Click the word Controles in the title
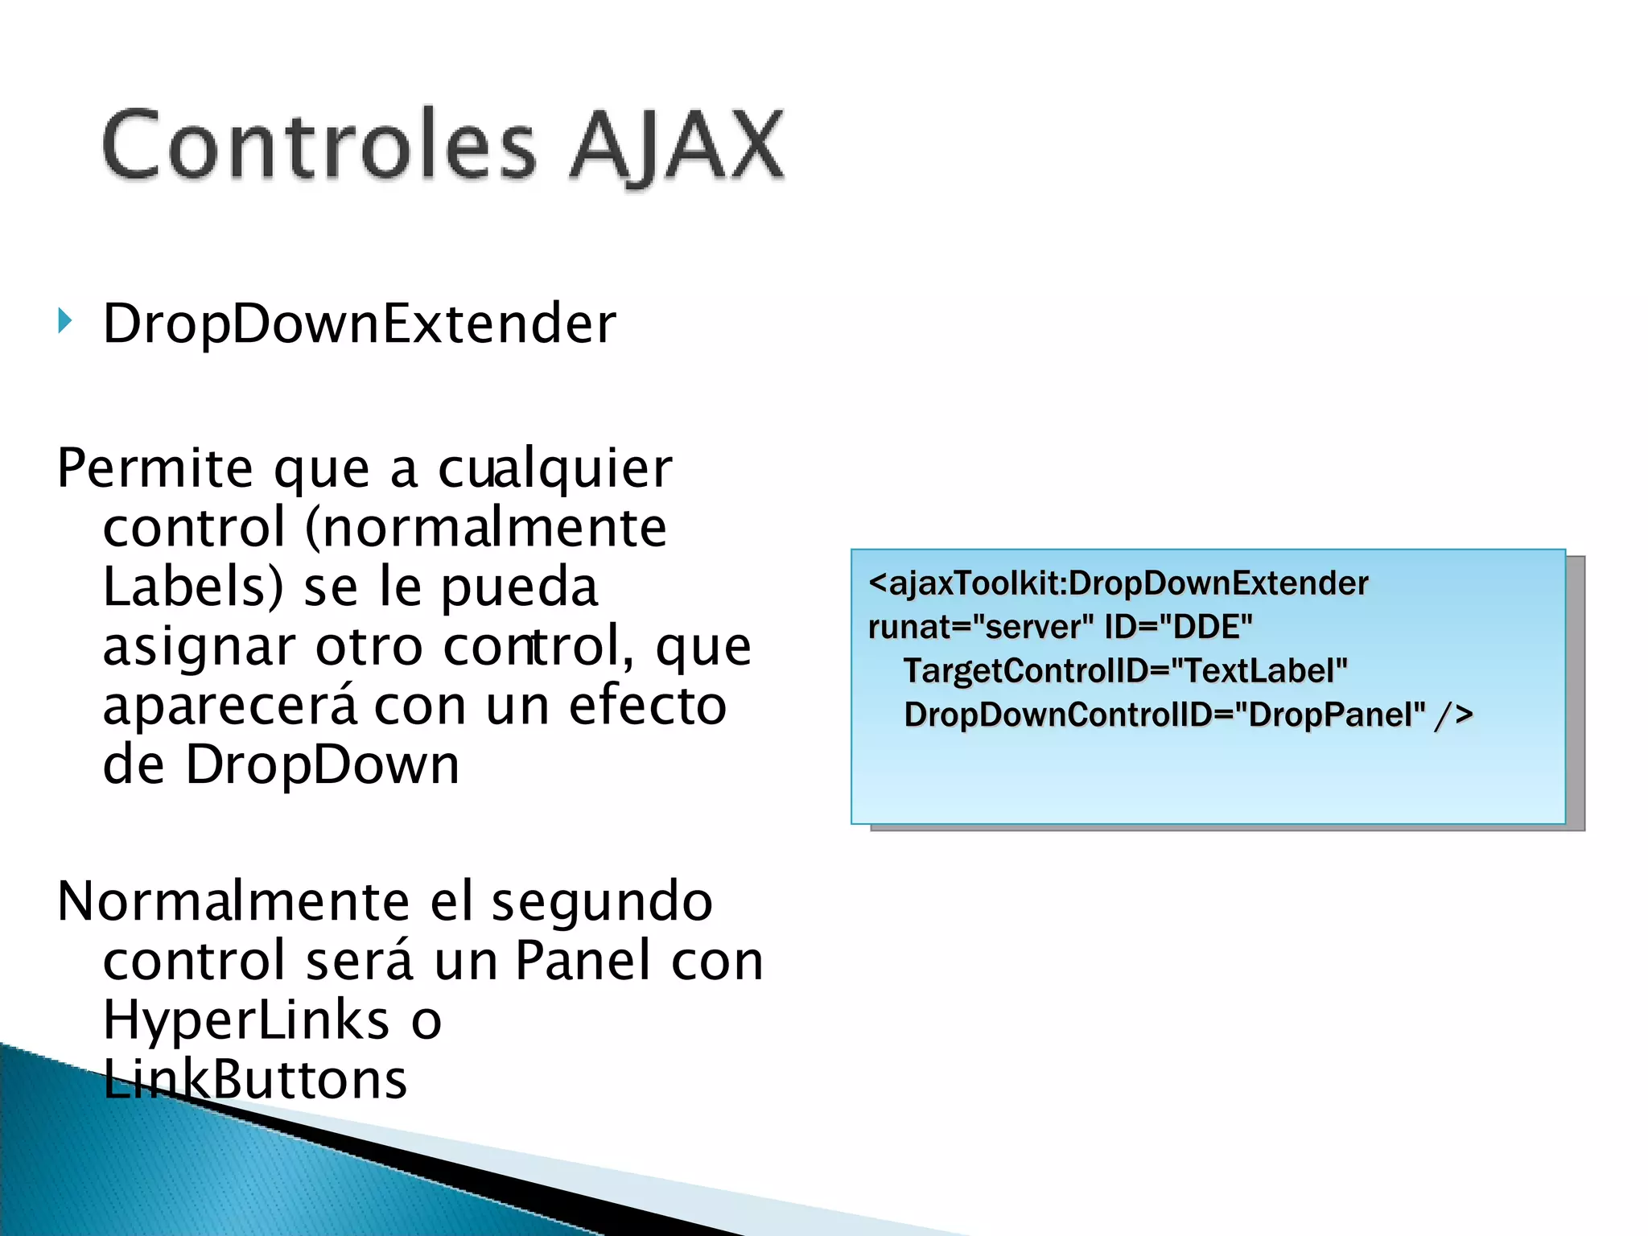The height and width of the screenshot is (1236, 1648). [x=319, y=145]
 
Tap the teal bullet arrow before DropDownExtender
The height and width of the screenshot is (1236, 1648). [x=65, y=321]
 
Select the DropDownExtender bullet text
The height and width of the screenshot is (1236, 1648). [x=359, y=323]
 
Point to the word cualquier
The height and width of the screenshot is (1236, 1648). [x=554, y=468]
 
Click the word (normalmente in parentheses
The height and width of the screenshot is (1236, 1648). [x=486, y=528]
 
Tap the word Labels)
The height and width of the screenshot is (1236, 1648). [x=193, y=587]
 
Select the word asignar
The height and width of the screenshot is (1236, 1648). [x=198, y=647]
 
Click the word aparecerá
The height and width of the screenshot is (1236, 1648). [x=229, y=706]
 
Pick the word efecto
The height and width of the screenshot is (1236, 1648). [x=648, y=706]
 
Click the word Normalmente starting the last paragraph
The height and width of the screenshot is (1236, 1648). [x=233, y=901]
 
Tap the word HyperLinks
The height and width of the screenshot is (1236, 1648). [x=246, y=1020]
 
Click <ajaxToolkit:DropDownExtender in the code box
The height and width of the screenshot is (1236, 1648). [x=1119, y=583]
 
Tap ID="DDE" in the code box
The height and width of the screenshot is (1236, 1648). [x=1178, y=627]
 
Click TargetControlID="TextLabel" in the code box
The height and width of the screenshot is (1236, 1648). [x=1125, y=671]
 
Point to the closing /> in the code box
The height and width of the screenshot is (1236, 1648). [x=1453, y=715]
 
